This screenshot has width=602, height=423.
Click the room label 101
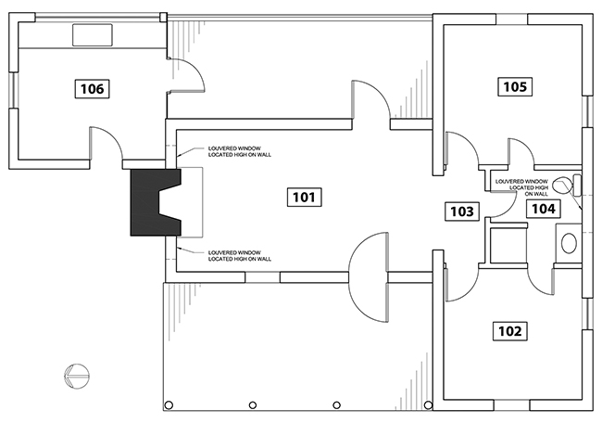304,198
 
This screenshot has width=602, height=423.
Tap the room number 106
92,89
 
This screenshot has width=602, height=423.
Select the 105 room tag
515,86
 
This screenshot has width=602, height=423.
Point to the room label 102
510,331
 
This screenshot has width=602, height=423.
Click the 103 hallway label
462,211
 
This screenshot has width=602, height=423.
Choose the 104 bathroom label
544,209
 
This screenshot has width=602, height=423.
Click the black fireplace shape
156,202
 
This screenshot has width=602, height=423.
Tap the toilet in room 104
567,185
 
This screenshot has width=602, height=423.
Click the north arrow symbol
77,376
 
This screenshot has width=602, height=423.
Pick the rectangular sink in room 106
93,35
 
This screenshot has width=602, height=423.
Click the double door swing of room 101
369,277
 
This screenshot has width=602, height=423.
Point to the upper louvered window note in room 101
240,151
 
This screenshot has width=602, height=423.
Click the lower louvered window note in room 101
240,256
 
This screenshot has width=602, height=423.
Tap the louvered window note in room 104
521,187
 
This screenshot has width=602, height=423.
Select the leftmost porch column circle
169,405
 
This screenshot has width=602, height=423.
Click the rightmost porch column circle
428,405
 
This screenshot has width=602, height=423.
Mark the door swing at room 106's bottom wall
107,143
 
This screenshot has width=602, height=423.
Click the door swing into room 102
462,283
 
